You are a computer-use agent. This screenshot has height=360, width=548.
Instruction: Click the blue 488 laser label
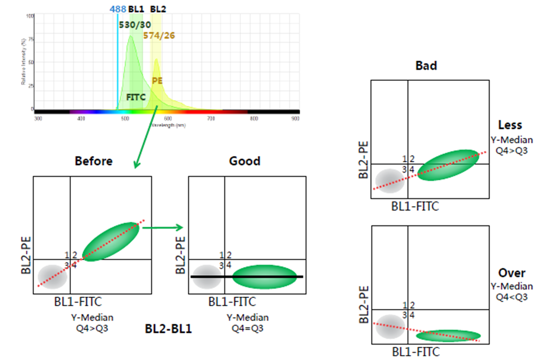click(x=118, y=9)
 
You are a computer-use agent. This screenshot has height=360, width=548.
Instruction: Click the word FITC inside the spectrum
click(x=136, y=96)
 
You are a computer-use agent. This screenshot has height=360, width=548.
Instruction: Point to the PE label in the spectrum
click(x=157, y=81)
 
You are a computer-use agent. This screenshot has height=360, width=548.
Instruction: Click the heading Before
click(x=94, y=161)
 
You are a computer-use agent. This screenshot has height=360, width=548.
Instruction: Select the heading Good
click(x=245, y=161)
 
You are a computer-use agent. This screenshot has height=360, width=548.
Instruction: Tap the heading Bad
click(x=426, y=66)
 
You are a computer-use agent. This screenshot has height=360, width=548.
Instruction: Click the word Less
click(x=510, y=125)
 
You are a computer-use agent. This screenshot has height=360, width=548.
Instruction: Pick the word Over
click(x=512, y=273)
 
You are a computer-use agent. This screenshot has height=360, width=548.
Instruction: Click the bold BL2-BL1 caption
click(x=168, y=329)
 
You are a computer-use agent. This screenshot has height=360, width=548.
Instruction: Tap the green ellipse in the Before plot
click(x=111, y=241)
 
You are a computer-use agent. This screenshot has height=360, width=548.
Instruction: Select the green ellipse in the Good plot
click(x=265, y=276)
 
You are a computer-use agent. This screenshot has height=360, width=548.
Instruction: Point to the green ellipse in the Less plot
click(x=448, y=165)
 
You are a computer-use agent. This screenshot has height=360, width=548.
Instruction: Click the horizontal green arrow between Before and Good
click(x=162, y=227)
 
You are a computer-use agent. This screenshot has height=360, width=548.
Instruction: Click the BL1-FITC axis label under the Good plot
click(x=232, y=302)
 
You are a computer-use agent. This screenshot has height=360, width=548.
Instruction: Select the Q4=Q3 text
click(x=247, y=328)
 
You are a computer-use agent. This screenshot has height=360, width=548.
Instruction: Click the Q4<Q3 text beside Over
click(x=511, y=297)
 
